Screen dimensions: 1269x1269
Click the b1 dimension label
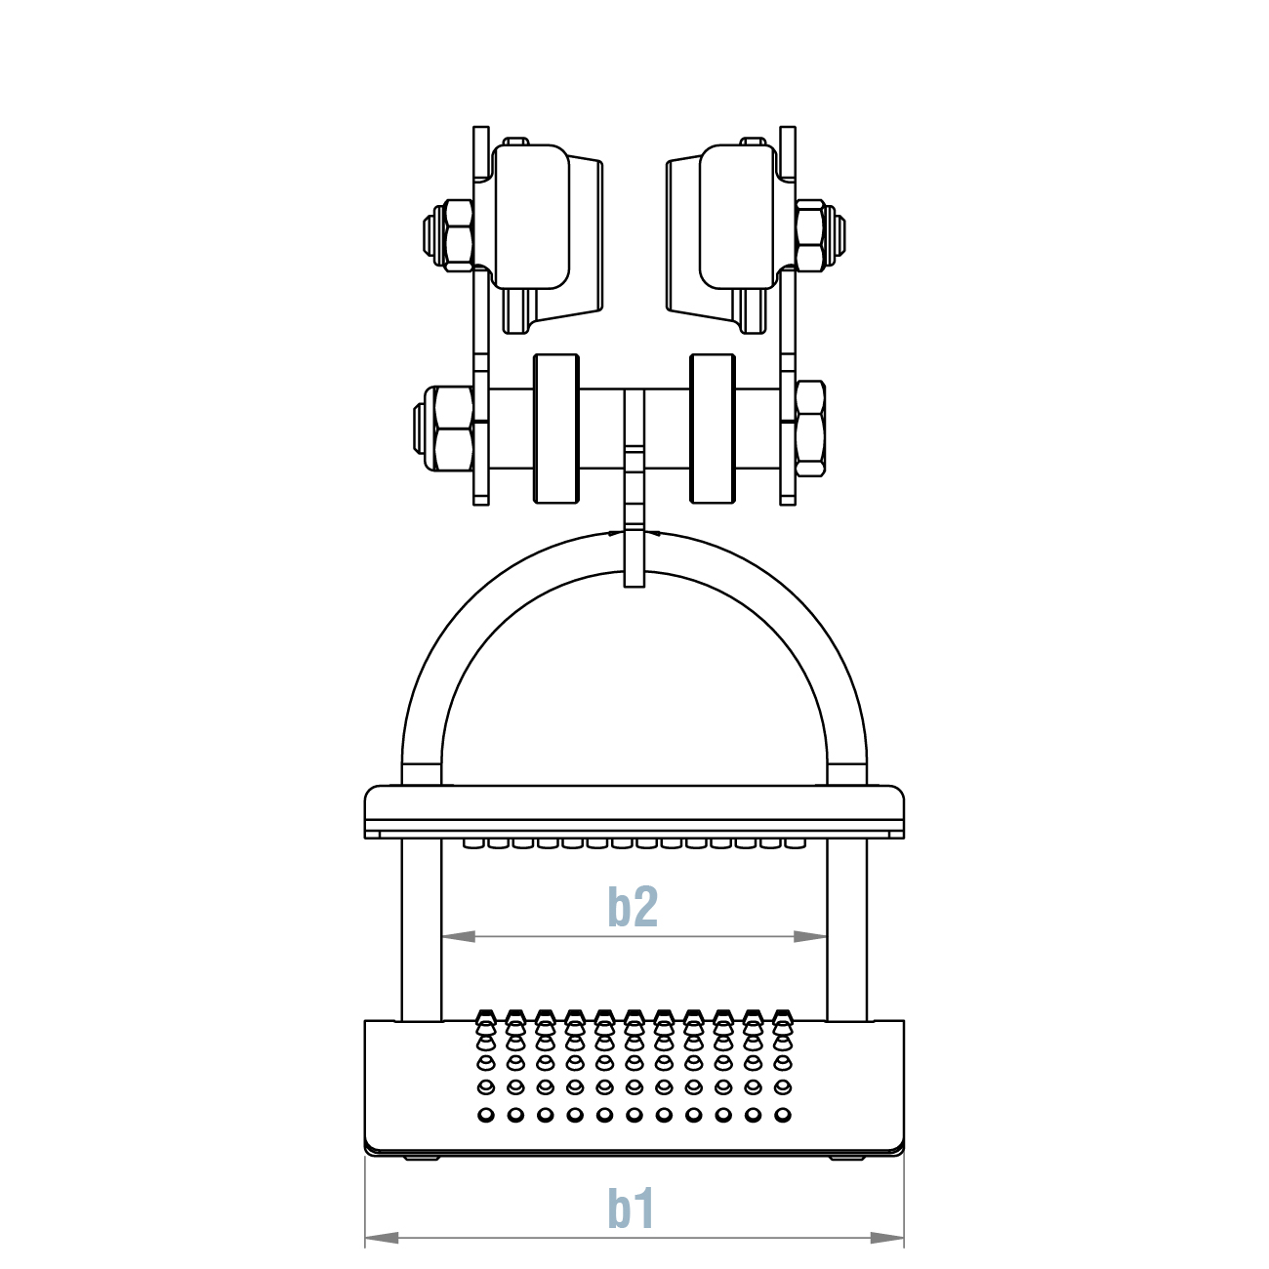coord(632,1208)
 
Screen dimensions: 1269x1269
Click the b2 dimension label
coord(633,907)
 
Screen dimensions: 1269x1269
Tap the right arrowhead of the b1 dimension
coord(887,1238)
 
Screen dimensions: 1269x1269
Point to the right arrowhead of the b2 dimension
coord(810,936)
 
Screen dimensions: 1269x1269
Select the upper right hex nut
coord(812,234)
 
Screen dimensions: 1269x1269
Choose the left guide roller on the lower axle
coord(556,429)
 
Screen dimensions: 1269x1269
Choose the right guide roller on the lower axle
coord(713,429)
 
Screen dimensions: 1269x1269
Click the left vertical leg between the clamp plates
coord(422,927)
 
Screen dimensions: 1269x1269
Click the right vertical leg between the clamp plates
coord(847,927)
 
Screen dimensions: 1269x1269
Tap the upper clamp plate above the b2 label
coord(634,810)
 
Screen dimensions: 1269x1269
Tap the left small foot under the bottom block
coord(421,1158)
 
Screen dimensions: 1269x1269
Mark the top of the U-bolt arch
coord(634,553)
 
